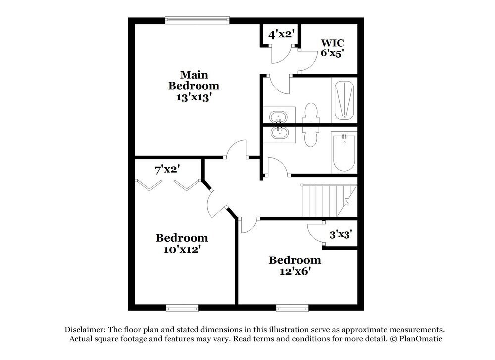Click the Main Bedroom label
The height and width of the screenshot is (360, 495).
point(194,80)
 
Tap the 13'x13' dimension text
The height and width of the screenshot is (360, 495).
point(194,97)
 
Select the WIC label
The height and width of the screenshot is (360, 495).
point(332,42)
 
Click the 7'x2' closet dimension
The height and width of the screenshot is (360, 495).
point(167,170)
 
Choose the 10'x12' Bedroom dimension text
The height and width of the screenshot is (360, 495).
point(182,249)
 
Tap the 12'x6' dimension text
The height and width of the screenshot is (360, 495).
point(295,271)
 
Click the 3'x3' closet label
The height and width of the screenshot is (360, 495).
point(340,234)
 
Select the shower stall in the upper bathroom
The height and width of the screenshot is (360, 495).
point(345,101)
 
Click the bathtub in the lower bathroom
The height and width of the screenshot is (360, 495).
point(344,152)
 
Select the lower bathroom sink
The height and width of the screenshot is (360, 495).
point(278,133)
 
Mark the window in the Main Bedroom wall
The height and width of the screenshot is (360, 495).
point(198,20)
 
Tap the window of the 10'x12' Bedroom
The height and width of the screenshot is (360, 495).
point(182,308)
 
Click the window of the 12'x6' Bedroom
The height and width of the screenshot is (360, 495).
point(292,308)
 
